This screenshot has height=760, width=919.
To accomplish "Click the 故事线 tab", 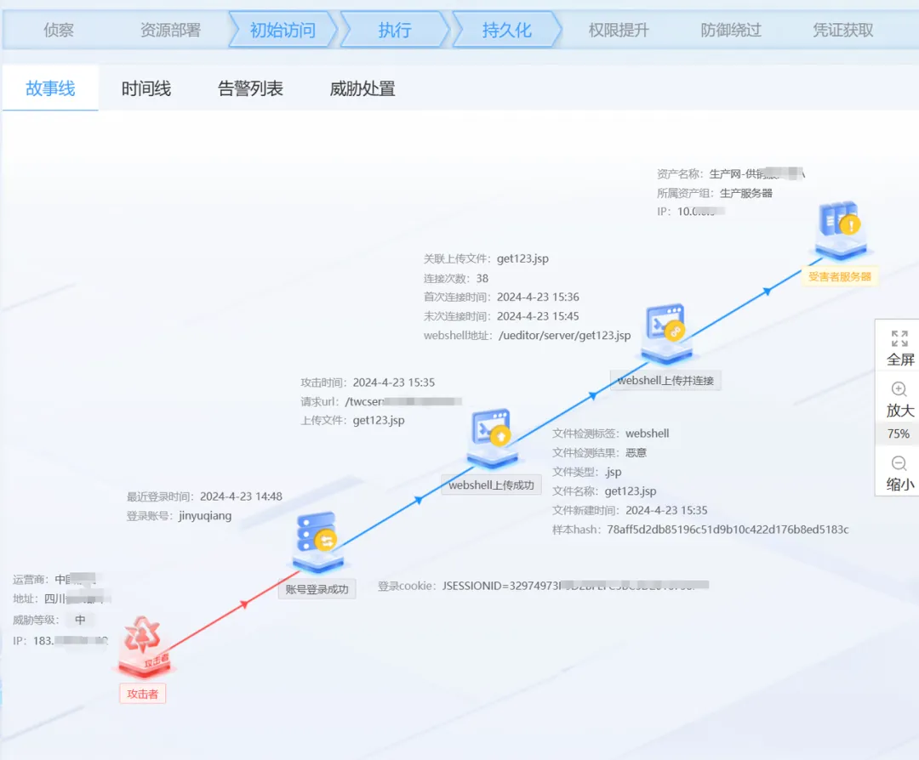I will (x=50, y=88).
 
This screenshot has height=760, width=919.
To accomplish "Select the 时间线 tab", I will (x=146, y=88).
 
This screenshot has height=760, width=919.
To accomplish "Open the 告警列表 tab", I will (x=250, y=88).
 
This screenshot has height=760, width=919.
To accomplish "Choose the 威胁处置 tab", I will (x=362, y=88).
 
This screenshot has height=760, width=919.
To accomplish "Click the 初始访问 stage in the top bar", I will (x=283, y=31).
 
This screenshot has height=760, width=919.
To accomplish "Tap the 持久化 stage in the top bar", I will (x=506, y=31).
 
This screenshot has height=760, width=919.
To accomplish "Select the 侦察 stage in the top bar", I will (x=59, y=31).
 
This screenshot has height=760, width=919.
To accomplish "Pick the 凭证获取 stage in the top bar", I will (x=842, y=31).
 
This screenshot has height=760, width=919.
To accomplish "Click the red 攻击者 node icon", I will (x=142, y=644).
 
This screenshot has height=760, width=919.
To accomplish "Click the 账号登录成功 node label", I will (x=317, y=588).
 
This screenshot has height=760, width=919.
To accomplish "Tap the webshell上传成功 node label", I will (x=492, y=485).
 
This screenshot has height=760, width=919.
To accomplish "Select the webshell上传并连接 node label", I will (x=665, y=380).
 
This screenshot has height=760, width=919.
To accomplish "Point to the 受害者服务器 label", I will (x=840, y=276).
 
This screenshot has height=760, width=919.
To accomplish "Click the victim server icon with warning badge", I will (x=840, y=225).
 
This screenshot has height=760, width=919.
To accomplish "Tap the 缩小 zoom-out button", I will (x=899, y=473).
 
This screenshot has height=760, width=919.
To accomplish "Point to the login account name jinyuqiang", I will (x=205, y=515).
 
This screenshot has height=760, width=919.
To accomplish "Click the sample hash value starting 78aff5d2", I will (x=728, y=530).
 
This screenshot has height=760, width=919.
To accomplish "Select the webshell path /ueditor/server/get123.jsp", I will (x=564, y=336).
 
